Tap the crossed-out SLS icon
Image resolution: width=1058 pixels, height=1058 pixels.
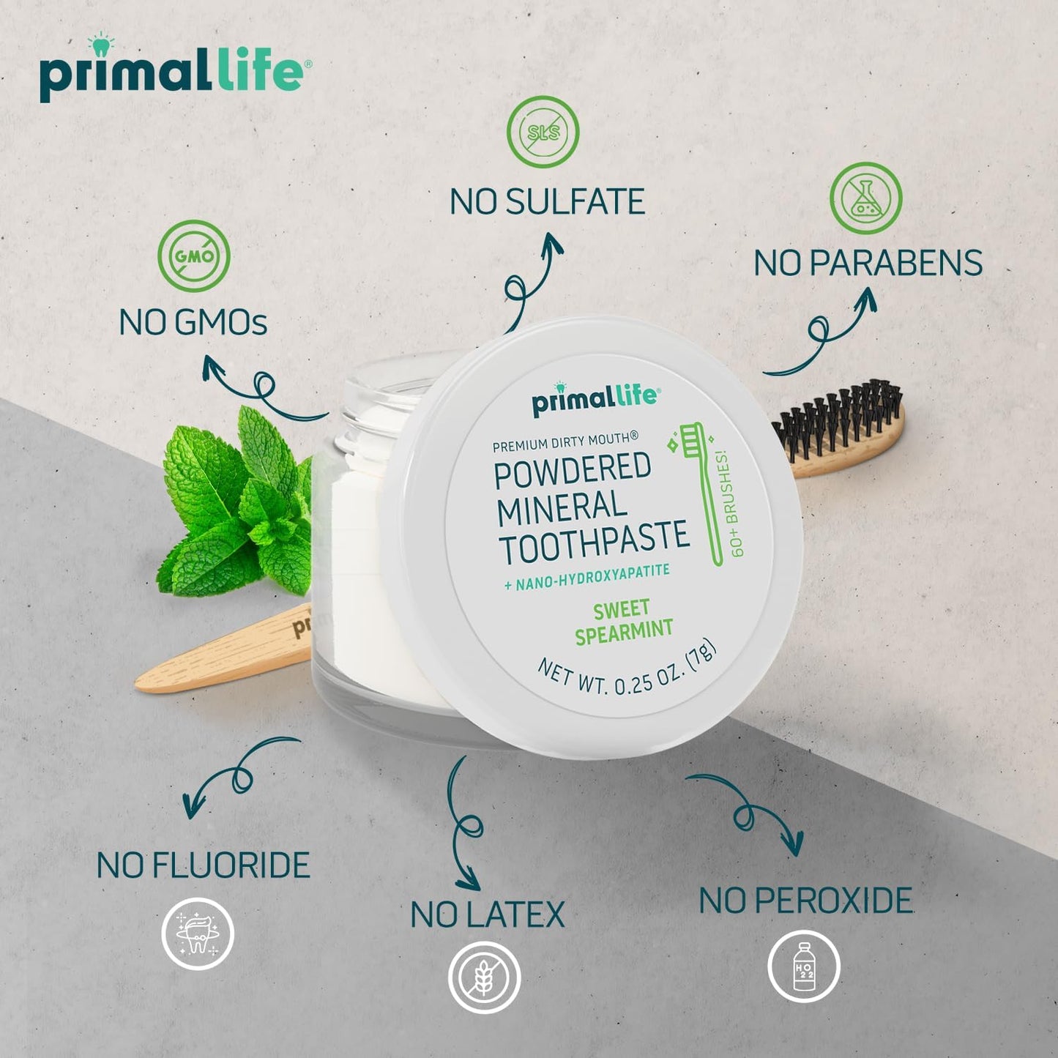[x=543, y=133]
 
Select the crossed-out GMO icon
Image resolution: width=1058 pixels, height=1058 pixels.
[x=194, y=256]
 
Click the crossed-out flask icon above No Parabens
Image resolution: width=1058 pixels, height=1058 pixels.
[x=865, y=198]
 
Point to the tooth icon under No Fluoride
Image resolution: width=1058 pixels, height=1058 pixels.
[x=198, y=934]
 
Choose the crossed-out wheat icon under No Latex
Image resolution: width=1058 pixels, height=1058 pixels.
[x=484, y=977]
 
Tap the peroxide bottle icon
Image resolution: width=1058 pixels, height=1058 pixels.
[x=803, y=966]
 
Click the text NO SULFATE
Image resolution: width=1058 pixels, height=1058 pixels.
[x=547, y=202]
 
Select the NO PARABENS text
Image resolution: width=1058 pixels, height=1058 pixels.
[x=868, y=264]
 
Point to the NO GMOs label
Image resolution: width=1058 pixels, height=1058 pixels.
[x=193, y=322]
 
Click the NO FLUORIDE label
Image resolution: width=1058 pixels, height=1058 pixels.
[x=204, y=865]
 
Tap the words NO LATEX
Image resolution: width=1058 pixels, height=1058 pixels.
[x=488, y=915]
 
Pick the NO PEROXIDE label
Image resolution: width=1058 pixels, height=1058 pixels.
[x=805, y=901]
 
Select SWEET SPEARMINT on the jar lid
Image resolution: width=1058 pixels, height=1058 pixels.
[x=623, y=622]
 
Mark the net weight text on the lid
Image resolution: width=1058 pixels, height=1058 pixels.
[x=627, y=674]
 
